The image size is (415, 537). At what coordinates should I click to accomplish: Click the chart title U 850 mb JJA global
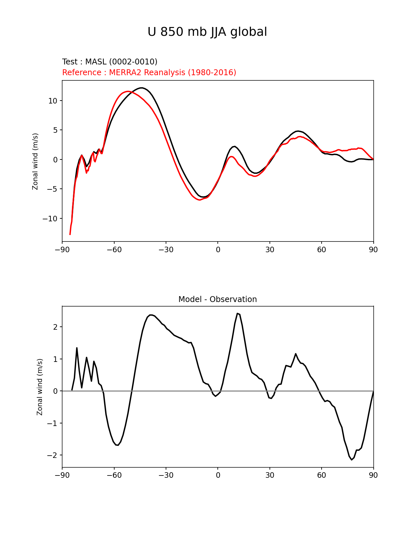[207, 32]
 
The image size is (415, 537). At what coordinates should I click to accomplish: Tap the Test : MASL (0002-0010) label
[110, 62]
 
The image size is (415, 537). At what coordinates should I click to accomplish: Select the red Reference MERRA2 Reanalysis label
[149, 73]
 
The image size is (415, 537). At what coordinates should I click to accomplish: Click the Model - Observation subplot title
[217, 299]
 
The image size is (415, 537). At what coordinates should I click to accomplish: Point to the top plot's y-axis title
[35, 161]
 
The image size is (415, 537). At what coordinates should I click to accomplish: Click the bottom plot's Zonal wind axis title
[40, 387]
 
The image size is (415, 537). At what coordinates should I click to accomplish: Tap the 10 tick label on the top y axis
[53, 101]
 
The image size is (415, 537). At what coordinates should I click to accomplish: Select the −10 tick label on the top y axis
[50, 219]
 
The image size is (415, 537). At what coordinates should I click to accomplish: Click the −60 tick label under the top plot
[114, 250]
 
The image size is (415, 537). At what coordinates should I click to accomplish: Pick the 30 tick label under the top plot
[270, 250]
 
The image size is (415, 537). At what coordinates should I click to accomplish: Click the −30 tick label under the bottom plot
[166, 475]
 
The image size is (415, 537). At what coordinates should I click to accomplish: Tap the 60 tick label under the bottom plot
[321, 475]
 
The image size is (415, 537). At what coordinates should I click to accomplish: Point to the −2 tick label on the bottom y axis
[52, 455]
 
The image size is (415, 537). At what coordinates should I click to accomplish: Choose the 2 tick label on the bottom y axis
[55, 327]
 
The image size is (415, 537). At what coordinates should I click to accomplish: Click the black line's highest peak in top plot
[142, 88]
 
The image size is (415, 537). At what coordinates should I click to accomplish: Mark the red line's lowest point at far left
[70, 234]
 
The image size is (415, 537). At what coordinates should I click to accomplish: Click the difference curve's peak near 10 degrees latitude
[238, 313]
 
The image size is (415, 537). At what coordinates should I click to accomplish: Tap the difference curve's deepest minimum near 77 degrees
[352, 460]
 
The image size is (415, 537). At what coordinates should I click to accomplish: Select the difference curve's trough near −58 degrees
[118, 445]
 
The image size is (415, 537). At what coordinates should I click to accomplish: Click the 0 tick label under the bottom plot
[218, 475]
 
